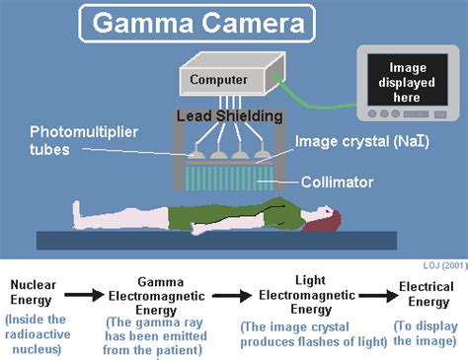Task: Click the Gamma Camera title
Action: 197,23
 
